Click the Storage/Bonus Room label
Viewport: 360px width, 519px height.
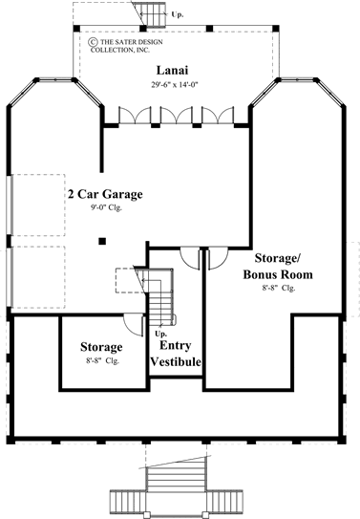pyautogui.click(x=280, y=266)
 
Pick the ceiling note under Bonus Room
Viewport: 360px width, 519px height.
pyautogui.click(x=280, y=287)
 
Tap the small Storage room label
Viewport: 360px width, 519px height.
pyautogui.click(x=101, y=346)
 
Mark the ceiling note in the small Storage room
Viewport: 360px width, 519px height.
pyautogui.click(x=101, y=360)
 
